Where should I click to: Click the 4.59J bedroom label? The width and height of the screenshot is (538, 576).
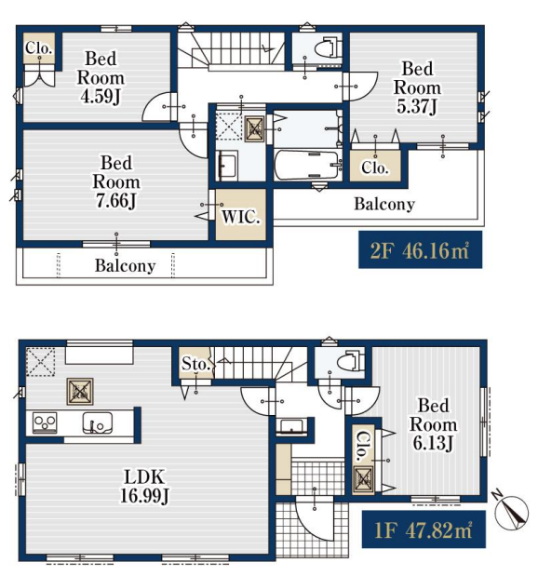tap(101, 77)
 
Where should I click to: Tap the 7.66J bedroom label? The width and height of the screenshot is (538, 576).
tap(116, 181)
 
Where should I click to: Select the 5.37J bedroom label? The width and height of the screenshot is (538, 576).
tap(417, 87)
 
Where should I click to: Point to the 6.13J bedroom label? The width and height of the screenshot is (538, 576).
tap(433, 424)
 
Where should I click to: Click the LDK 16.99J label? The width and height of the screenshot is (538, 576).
tap(144, 487)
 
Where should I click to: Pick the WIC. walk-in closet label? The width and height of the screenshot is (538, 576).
tap(241, 217)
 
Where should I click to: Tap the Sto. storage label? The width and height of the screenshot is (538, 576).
tap(195, 364)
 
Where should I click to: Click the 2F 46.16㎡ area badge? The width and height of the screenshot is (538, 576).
tap(420, 249)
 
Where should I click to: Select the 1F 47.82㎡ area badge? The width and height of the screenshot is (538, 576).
tap(424, 529)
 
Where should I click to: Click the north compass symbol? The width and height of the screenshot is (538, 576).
tap(512, 510)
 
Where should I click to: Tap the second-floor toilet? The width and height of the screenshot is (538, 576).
tap(329, 47)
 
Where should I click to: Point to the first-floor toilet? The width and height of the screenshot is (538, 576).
tap(351, 361)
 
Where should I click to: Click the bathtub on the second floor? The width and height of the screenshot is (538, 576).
tap(308, 165)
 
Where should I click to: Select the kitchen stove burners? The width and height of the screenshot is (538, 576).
tap(45, 422)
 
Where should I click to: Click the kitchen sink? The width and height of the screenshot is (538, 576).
tap(98, 423)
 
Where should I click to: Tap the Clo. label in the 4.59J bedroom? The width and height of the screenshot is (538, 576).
tap(38, 48)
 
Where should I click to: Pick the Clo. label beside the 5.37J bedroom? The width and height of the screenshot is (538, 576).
tap(375, 167)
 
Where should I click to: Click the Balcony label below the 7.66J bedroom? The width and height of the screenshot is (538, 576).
tap(126, 265)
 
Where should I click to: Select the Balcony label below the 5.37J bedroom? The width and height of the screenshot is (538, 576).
tap(384, 204)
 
